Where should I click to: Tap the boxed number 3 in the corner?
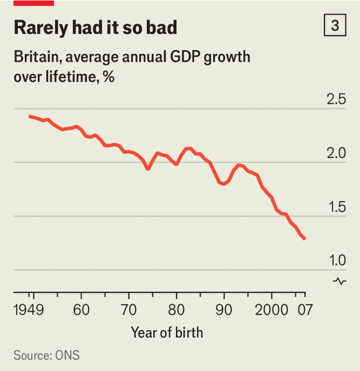[x=334, y=26]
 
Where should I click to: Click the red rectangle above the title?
[x=34, y=3]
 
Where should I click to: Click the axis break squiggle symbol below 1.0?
[x=339, y=280]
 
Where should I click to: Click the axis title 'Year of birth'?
[x=167, y=332]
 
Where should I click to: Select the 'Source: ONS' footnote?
[x=46, y=355]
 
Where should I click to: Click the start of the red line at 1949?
[x=29, y=115]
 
